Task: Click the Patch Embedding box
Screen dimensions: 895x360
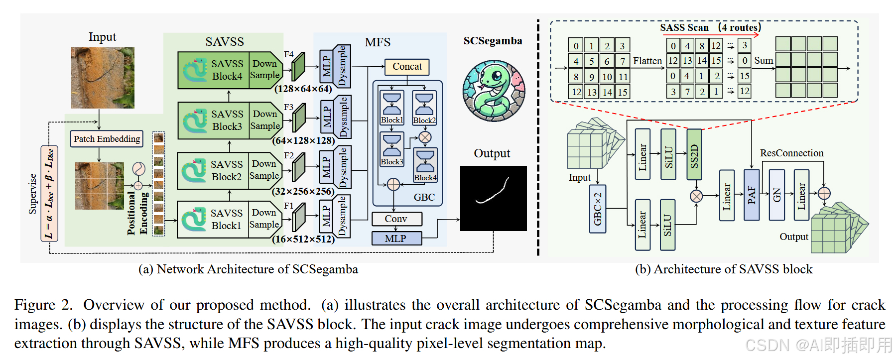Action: tap(107, 139)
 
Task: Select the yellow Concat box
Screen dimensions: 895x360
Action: tap(407, 67)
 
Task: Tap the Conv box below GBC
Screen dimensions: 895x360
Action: tap(396, 219)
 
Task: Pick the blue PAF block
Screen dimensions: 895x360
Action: tap(752, 195)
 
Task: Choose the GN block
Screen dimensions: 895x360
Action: tap(776, 195)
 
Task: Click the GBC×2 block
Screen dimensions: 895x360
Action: tap(598, 209)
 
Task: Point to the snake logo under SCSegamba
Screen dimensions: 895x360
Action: tap(494, 91)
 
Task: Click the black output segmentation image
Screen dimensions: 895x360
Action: tap(494, 198)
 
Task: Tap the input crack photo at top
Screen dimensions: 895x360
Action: tap(103, 78)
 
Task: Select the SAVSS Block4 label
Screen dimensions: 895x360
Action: tap(227, 70)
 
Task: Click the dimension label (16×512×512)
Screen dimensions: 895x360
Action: tap(303, 239)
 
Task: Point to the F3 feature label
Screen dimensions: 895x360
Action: tap(288, 107)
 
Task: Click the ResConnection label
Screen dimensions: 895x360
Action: tap(791, 153)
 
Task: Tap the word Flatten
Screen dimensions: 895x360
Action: tap(647, 61)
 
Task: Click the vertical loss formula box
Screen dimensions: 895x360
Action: tap(49, 193)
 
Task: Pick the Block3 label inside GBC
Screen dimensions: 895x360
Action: tap(392, 162)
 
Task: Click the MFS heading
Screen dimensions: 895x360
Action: tap(378, 42)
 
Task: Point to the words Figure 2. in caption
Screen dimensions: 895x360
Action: tap(44, 305)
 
